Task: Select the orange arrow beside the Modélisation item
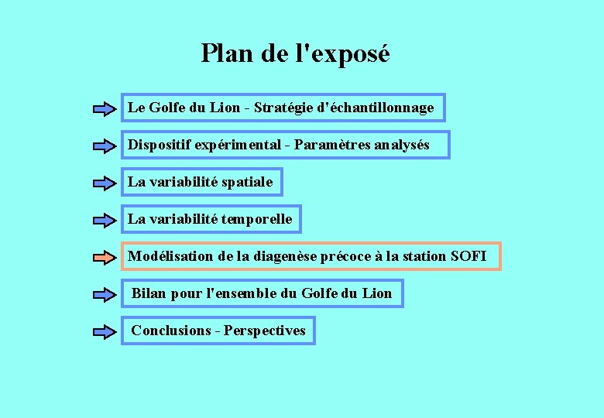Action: (105, 256)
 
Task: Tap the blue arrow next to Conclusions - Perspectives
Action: (105, 332)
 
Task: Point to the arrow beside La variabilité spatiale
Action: (105, 183)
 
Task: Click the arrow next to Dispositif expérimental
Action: (105, 146)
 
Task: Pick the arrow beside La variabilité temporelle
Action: (105, 221)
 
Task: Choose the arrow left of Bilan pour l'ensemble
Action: (105, 294)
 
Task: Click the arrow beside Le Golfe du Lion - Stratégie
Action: (105, 109)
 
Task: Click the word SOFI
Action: (468, 256)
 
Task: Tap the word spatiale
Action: (247, 183)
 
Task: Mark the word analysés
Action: (401, 146)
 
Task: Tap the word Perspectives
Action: (265, 331)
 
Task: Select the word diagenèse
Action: (284, 256)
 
